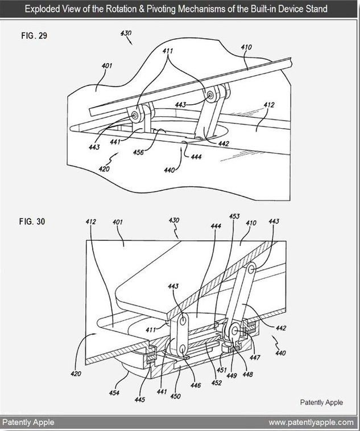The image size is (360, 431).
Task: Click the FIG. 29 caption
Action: pyautogui.click(x=34, y=36)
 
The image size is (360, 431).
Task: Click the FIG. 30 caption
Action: pyautogui.click(x=32, y=221)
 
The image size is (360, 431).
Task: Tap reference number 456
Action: pyautogui.click(x=138, y=152)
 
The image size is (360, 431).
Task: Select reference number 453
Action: pyautogui.click(x=234, y=216)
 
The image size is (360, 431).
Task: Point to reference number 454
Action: pyautogui.click(x=114, y=393)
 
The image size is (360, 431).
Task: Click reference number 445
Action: pyautogui.click(x=139, y=399)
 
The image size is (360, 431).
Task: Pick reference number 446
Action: pyautogui.click(x=196, y=385)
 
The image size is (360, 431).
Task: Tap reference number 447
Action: pyautogui.click(x=255, y=358)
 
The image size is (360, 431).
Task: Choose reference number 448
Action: pyautogui.click(x=247, y=375)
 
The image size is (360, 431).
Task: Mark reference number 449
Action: pyautogui.click(x=231, y=375)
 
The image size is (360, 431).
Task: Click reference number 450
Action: pyautogui.click(x=175, y=396)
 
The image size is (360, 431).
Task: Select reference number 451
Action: pyautogui.click(x=221, y=370)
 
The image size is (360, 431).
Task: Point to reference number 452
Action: pyautogui.click(x=216, y=383)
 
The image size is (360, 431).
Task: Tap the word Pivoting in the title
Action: pyautogui.click(x=161, y=9)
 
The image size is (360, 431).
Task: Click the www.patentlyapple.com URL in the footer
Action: pyautogui.click(x=311, y=422)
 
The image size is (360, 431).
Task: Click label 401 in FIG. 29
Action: pyautogui.click(x=107, y=65)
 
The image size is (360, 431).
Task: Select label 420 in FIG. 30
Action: pyautogui.click(x=76, y=373)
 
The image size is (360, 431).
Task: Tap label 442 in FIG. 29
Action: pyautogui.click(x=224, y=143)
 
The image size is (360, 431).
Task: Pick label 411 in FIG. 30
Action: pyautogui.click(x=151, y=329)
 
